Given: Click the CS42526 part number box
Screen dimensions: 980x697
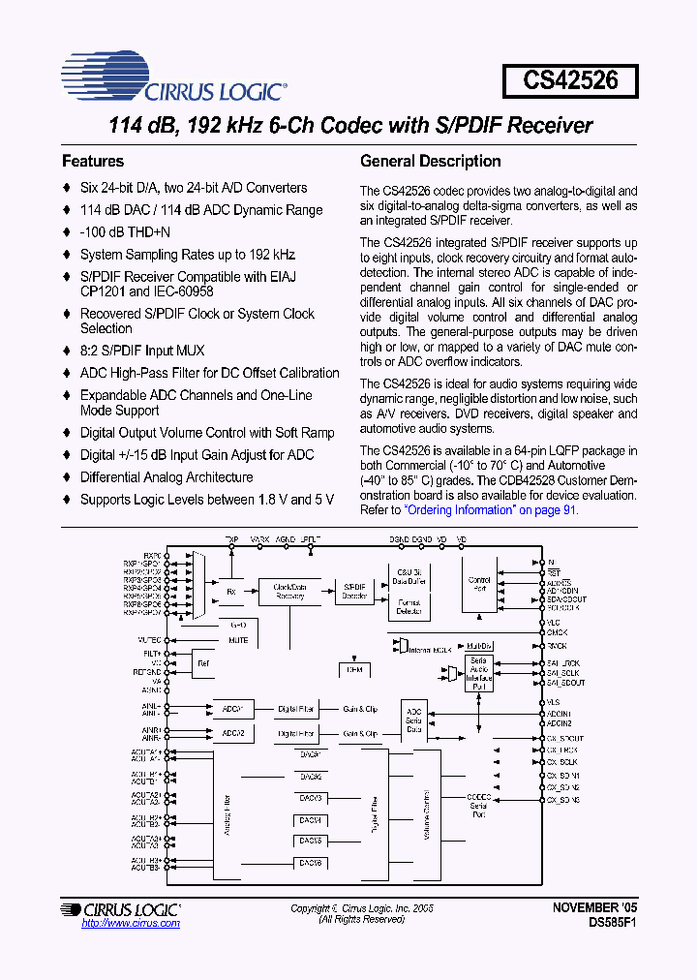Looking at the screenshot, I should tap(570, 79).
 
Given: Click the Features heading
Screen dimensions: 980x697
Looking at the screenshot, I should tap(93, 161).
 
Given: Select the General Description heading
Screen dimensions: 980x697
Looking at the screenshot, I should tap(430, 161).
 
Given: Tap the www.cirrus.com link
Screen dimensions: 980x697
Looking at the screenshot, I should tap(131, 923).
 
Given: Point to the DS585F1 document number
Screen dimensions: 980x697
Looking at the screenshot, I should tap(612, 924).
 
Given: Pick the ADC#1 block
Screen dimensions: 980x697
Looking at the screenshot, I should tap(232, 709).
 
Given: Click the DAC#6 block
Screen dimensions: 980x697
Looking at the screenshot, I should tap(310, 863).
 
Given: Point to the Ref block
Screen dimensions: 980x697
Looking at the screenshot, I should tap(202, 663).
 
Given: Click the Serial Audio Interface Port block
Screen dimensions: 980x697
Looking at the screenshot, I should tap(479, 672).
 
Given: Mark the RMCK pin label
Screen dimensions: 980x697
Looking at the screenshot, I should tap(556, 646).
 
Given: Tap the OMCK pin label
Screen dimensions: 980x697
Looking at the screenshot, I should tap(556, 633).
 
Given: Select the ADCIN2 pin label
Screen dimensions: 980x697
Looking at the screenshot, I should tap(559, 723).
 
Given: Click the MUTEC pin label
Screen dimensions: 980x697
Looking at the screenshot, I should tap(149, 640).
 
